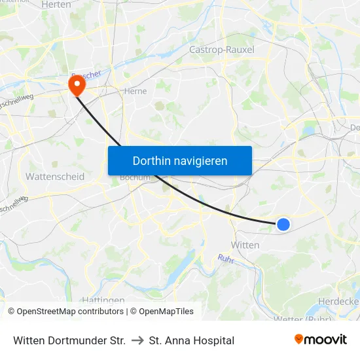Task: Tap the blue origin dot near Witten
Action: point(283,225)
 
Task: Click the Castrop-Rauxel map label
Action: point(221,50)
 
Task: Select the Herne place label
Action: point(135,92)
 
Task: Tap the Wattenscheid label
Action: point(55,177)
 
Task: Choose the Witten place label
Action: point(245,245)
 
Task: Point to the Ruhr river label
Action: point(226,259)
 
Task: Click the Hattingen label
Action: point(103,300)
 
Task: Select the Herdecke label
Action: point(338,300)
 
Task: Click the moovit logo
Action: point(321,340)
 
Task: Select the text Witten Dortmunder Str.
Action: point(69,340)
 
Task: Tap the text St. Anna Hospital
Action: point(192,340)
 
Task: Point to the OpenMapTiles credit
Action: point(162,312)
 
